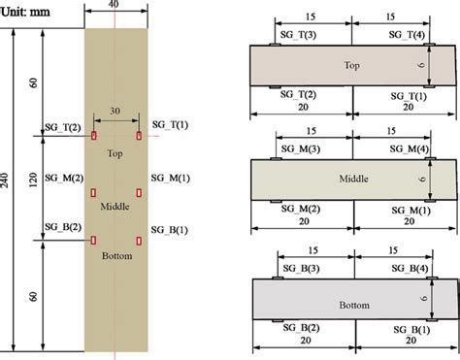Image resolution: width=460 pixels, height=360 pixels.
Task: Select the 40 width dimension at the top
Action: (x=115, y=6)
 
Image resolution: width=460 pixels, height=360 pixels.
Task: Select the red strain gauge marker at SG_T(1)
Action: (x=140, y=134)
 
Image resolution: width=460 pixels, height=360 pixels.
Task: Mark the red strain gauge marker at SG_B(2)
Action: (x=93, y=240)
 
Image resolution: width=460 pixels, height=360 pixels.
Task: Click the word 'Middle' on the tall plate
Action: (x=115, y=205)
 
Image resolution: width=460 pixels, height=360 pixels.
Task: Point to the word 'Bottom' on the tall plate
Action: (x=115, y=256)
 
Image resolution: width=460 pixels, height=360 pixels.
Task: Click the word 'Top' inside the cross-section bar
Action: (x=352, y=65)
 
